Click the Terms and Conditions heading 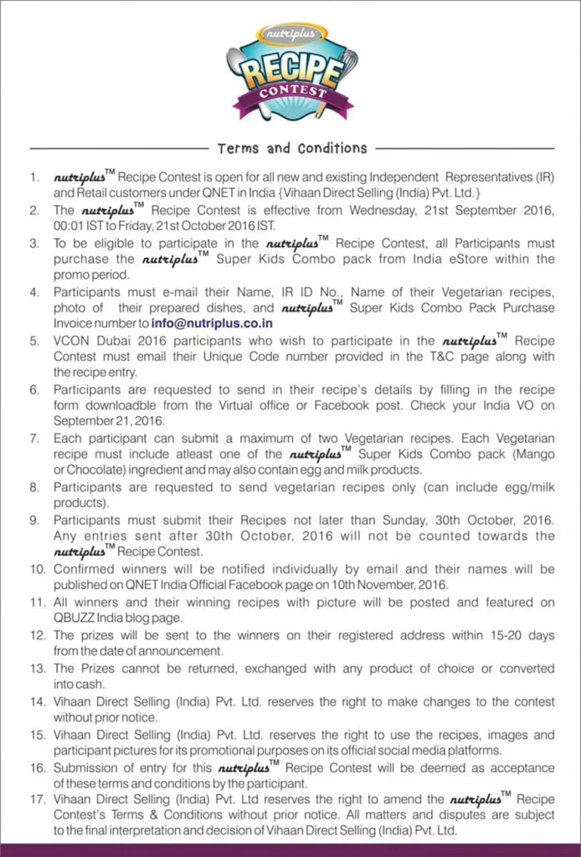coord(292,148)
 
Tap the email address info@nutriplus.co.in coord(213,322)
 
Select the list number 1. coord(34,177)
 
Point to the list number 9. coord(34,520)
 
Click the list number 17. coord(38,799)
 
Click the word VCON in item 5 coord(72,341)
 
